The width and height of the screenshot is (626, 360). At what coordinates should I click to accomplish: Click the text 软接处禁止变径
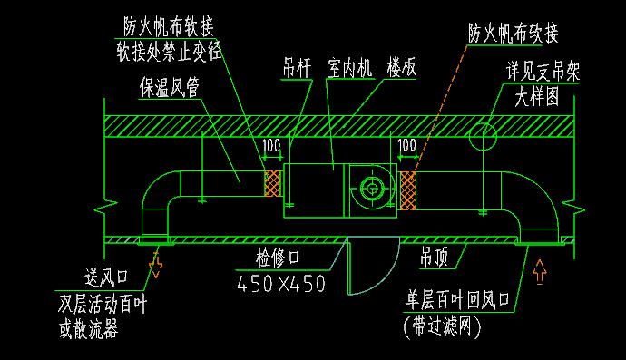pyautogui.click(x=170, y=50)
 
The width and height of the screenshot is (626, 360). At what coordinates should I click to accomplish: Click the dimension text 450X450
pyautogui.click(x=281, y=283)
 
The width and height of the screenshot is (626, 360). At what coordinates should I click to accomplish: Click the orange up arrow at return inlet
pyautogui.click(x=542, y=269)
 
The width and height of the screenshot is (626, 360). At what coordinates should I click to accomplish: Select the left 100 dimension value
pyautogui.click(x=270, y=145)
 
